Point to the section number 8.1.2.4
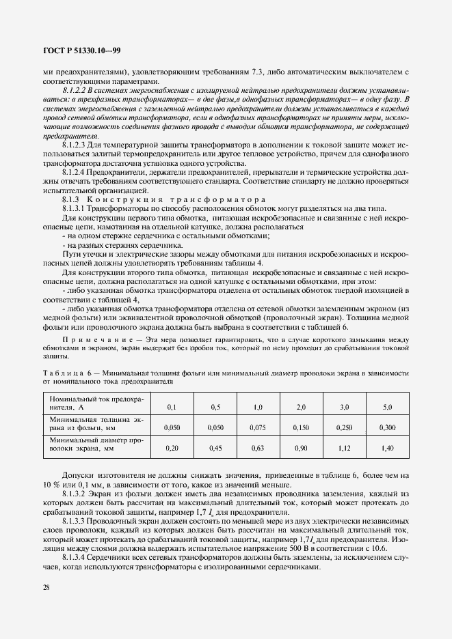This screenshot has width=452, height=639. click(75, 173)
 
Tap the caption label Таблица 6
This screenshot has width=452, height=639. click(68, 373)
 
